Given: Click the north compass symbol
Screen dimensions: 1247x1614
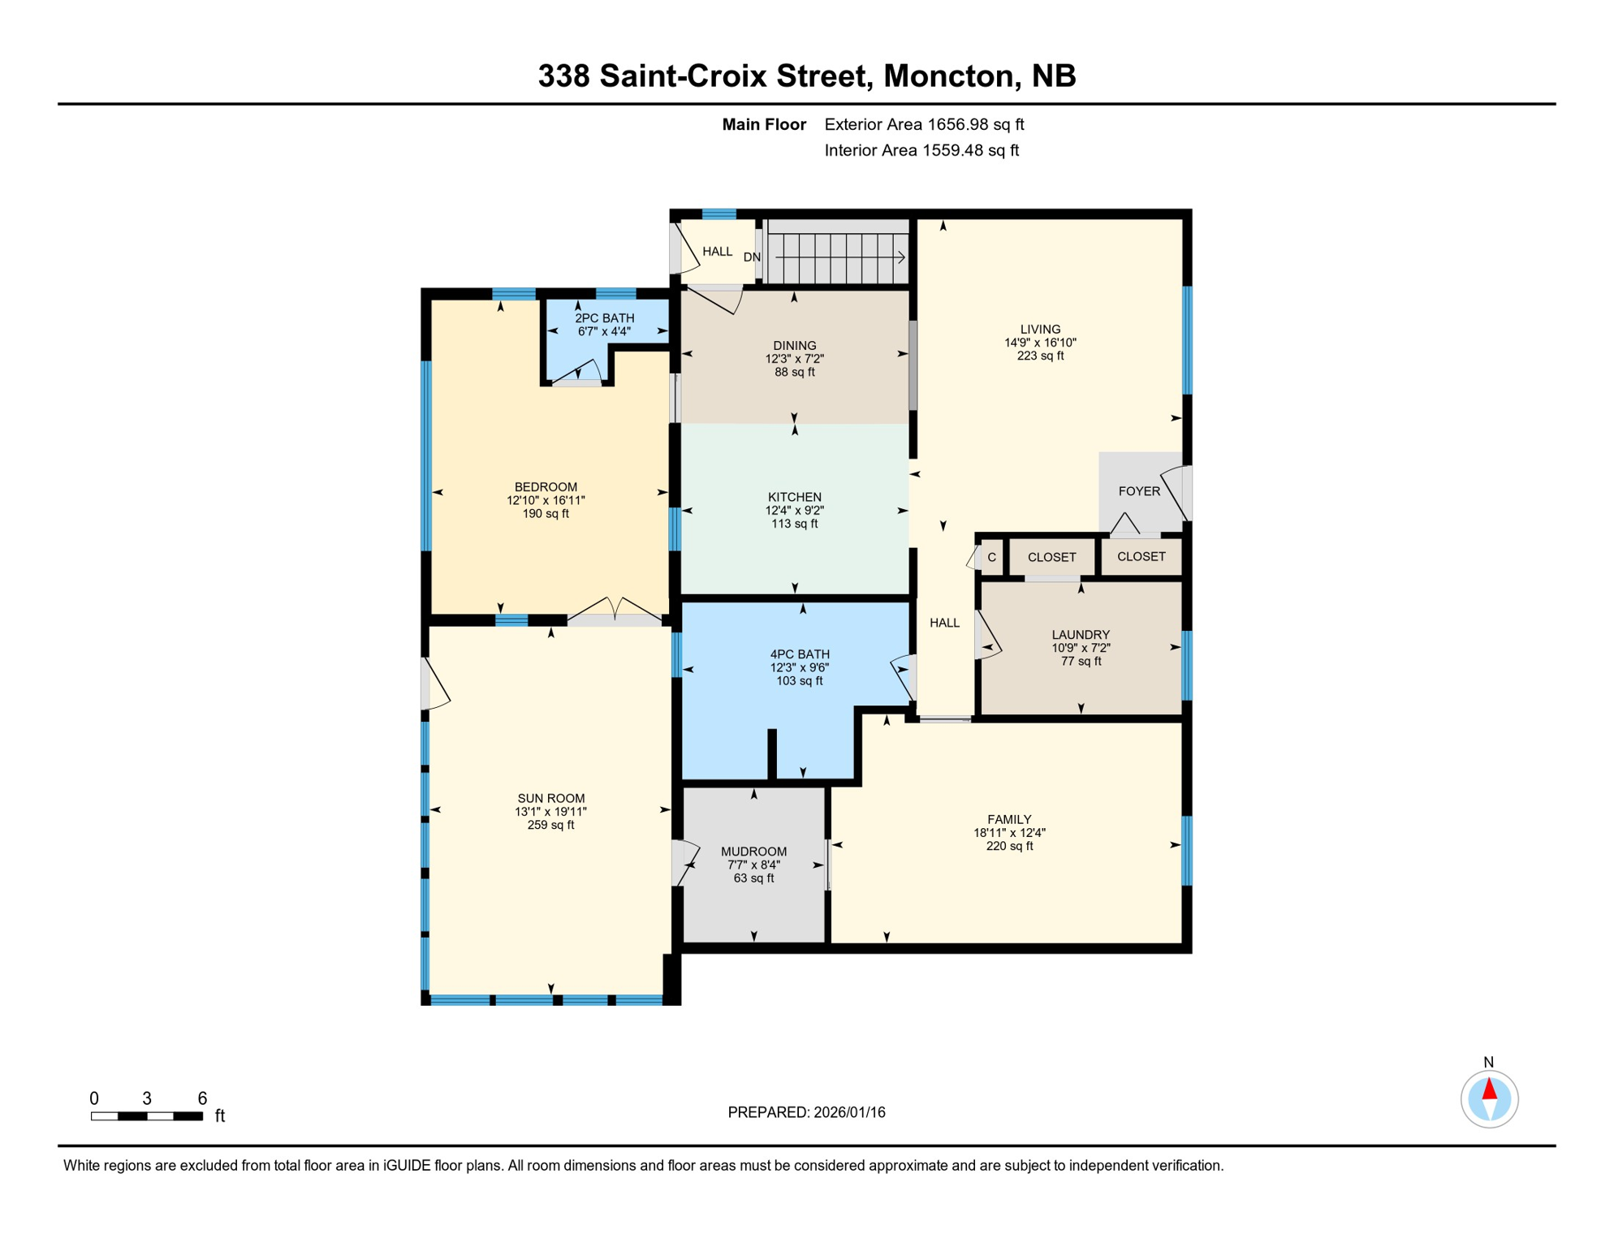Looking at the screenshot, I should [x=1489, y=1099].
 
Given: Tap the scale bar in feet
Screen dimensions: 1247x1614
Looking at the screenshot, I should [x=147, y=1116].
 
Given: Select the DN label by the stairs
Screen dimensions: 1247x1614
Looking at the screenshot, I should [x=752, y=257].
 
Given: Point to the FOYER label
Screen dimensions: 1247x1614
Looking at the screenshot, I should [x=1139, y=491].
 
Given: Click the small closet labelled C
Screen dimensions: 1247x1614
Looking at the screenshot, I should [x=991, y=558].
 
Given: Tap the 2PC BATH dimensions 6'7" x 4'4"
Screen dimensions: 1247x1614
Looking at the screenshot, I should [x=604, y=331].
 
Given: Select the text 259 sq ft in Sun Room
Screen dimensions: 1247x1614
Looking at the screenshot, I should [x=550, y=825].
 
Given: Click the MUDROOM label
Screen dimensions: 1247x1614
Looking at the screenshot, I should [x=753, y=852].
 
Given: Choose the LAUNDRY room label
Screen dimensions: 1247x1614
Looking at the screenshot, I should [x=1081, y=635].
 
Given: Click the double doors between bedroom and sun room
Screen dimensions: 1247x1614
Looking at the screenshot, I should [x=615, y=611].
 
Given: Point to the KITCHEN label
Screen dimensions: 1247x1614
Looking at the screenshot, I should [x=795, y=497].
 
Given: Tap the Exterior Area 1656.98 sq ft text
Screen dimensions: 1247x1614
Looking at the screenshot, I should [x=924, y=124].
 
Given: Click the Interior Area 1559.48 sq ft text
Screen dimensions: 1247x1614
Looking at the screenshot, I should [x=921, y=150].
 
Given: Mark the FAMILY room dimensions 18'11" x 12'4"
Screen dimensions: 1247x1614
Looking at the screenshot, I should [x=1009, y=833].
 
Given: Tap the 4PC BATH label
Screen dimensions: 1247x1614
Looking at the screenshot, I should [x=800, y=654].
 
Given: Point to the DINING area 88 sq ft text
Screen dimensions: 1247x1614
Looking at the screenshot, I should [x=794, y=372].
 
